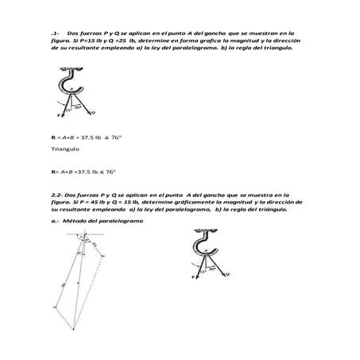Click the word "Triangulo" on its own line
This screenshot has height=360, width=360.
point(64,149)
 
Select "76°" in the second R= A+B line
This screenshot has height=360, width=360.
point(111,171)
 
